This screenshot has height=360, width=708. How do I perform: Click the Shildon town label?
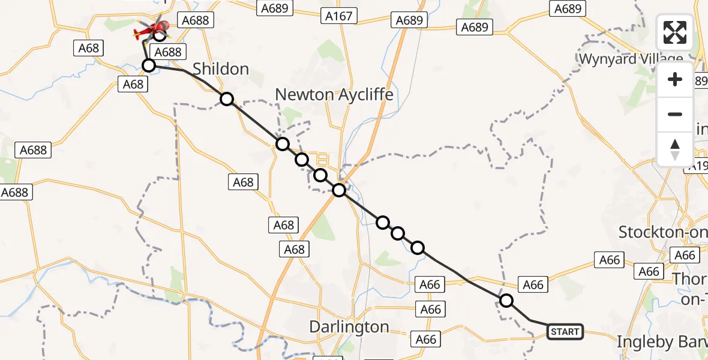221,69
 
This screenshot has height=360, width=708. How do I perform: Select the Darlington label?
349,327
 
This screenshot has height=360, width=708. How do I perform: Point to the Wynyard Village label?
631,59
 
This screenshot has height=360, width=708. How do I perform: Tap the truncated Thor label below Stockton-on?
689,279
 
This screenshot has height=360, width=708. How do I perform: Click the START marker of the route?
565,332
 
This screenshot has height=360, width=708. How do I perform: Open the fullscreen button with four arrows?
675,32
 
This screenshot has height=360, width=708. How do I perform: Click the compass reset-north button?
675,149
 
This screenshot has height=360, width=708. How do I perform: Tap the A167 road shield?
338,16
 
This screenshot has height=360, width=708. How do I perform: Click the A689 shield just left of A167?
275,8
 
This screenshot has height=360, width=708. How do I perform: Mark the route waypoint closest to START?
506,301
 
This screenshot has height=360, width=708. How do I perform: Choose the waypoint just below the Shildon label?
226,99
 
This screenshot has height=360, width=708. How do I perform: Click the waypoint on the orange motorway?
339,190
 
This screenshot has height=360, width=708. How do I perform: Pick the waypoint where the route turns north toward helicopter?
149,65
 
